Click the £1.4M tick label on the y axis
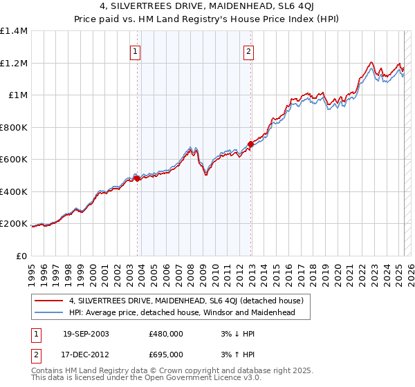(14, 31)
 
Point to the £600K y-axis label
(14, 160)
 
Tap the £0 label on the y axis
(21, 256)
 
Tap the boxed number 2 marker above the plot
(248, 50)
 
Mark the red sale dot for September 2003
(137, 178)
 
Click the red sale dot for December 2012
(250, 144)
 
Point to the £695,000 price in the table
(166, 354)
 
